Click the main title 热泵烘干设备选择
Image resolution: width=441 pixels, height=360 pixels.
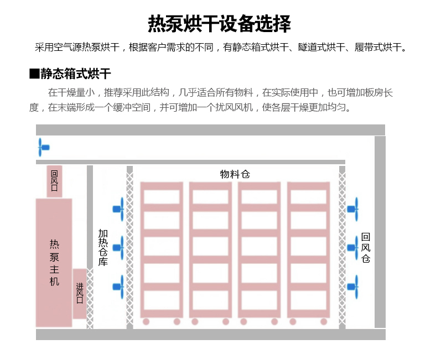click(x=220, y=24)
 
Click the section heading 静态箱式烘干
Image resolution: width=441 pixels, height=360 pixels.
click(x=76, y=74)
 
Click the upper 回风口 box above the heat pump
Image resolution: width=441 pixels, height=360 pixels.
click(x=54, y=181)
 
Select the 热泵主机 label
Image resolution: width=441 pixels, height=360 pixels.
click(x=54, y=262)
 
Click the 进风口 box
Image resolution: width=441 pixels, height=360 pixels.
click(x=80, y=293)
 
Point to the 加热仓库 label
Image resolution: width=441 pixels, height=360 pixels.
click(x=103, y=248)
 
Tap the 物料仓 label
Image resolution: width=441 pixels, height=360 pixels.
click(x=235, y=174)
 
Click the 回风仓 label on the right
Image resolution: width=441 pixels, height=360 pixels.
click(x=365, y=247)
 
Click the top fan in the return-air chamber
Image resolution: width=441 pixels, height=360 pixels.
click(x=353, y=208)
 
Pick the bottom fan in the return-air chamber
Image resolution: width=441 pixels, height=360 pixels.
click(x=353, y=286)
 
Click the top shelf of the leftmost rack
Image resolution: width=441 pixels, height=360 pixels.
click(x=161, y=197)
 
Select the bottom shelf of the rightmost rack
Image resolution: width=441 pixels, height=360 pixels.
click(x=308, y=300)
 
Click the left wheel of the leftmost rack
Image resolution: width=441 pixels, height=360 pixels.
click(x=146, y=321)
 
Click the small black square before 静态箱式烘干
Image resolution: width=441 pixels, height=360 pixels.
click(x=34, y=74)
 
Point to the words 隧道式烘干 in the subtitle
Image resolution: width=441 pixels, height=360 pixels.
click(x=317, y=47)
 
